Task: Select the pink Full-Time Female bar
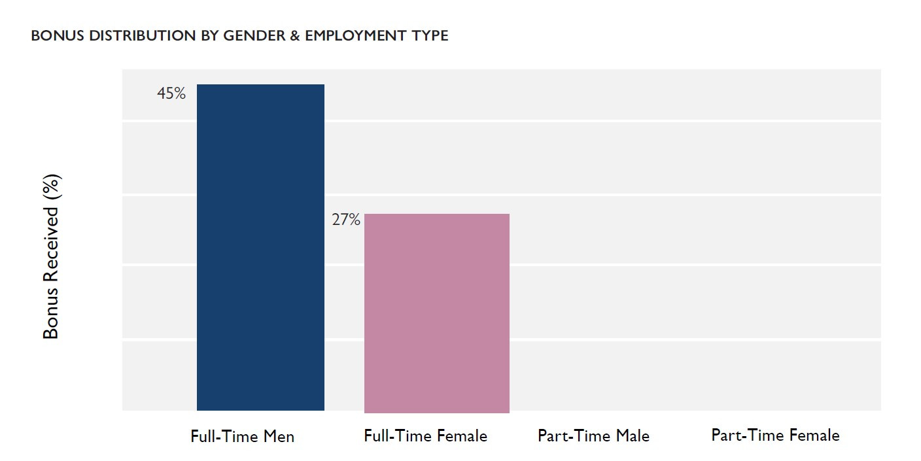pyautogui.click(x=436, y=313)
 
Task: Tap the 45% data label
pyautogui.click(x=171, y=94)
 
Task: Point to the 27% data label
pyautogui.click(x=345, y=220)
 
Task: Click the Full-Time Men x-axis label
pyautogui.click(x=242, y=436)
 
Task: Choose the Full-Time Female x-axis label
pyautogui.click(x=425, y=435)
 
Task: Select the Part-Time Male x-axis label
pyautogui.click(x=593, y=435)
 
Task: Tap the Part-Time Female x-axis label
pyautogui.click(x=775, y=435)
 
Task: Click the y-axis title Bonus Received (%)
pyautogui.click(x=51, y=256)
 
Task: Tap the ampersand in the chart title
pyautogui.click(x=295, y=36)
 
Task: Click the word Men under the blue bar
pyautogui.click(x=279, y=436)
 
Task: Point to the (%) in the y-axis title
pyautogui.click(x=51, y=188)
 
